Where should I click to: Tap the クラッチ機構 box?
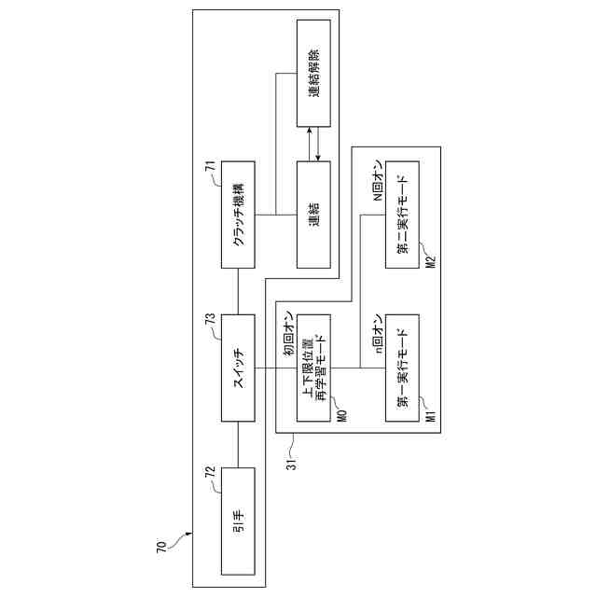click(x=238, y=214)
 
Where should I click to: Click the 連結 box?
click(x=313, y=214)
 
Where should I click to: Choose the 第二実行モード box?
click(x=403, y=214)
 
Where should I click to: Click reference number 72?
click(x=211, y=472)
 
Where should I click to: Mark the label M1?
click(x=430, y=410)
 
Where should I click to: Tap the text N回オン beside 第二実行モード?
click(x=378, y=182)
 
